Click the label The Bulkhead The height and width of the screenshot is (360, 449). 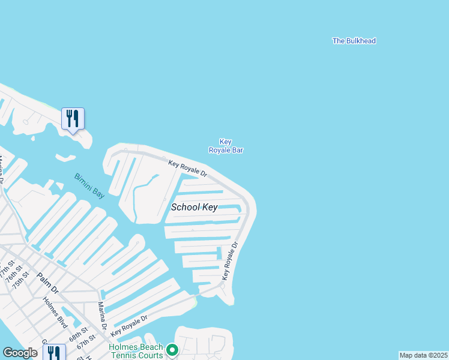pyautogui.click(x=354, y=41)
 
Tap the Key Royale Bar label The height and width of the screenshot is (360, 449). pyautogui.click(x=226, y=146)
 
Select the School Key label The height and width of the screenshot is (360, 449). pyautogui.click(x=194, y=208)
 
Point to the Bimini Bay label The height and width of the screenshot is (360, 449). pyautogui.click(x=89, y=186)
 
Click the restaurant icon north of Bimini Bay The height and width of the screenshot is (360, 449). pyautogui.click(x=73, y=119)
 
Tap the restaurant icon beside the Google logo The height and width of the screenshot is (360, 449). pyautogui.click(x=55, y=353)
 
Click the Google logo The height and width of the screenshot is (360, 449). pyautogui.click(x=20, y=353)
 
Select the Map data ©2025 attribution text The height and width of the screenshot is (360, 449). pyautogui.click(x=423, y=355)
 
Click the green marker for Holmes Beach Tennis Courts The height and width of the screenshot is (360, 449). pyautogui.click(x=172, y=349)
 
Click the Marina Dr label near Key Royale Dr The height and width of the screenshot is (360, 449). pyautogui.click(x=101, y=315)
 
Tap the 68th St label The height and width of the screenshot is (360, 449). pyautogui.click(x=78, y=334)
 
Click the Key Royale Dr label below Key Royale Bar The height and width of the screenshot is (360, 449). pyautogui.click(x=187, y=169)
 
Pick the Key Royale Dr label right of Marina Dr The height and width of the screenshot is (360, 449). pyautogui.click(x=129, y=325)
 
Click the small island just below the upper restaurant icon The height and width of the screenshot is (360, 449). pyautogui.click(x=65, y=158)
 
